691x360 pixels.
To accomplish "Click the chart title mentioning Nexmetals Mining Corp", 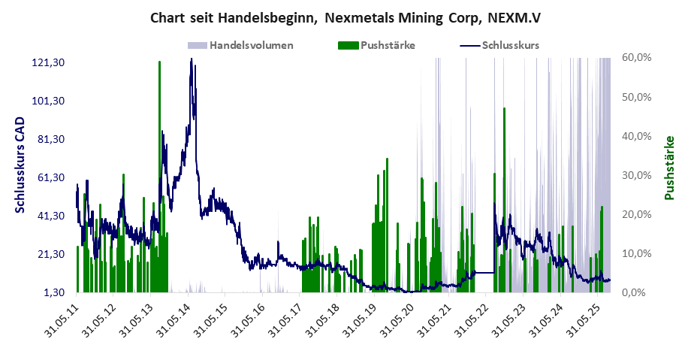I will click(x=345, y=17).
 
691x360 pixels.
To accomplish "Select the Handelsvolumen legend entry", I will click(x=251, y=45).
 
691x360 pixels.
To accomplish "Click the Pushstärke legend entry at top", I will click(x=388, y=45).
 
